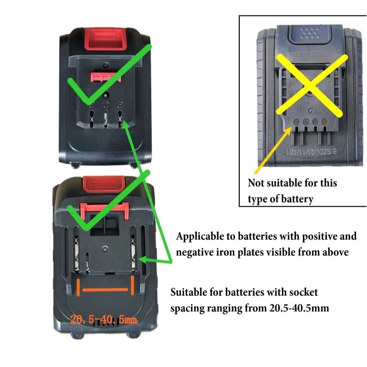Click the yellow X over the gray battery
click(311, 85)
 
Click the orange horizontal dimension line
click(106, 290)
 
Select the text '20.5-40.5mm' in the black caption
click(298, 308)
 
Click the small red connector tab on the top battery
click(105, 77)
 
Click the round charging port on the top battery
click(106, 95)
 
